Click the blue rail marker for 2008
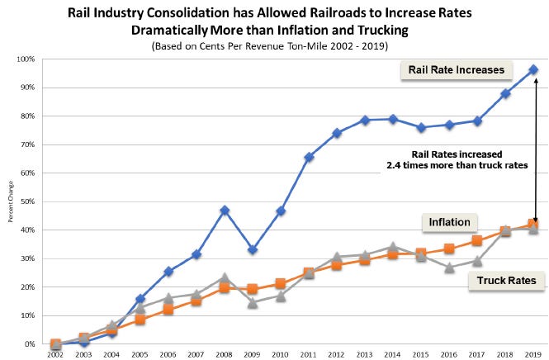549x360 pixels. pyautogui.click(x=225, y=211)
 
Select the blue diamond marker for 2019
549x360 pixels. pyautogui.click(x=533, y=69)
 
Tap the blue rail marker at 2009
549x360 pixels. pyautogui.click(x=253, y=249)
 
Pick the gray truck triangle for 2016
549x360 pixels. pyautogui.click(x=450, y=268)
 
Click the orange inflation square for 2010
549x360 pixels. pyautogui.click(x=281, y=283)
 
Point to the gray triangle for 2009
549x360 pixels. pyautogui.click(x=253, y=303)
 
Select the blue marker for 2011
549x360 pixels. pyautogui.click(x=309, y=157)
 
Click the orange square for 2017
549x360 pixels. pyautogui.click(x=477, y=240)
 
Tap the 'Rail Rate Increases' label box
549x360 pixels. pyautogui.click(x=457, y=70)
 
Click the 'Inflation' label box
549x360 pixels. pyautogui.click(x=450, y=222)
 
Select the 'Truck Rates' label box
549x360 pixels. pyautogui.click(x=506, y=281)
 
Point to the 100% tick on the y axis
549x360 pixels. pyautogui.click(x=26, y=59)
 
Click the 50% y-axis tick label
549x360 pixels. pyautogui.click(x=28, y=201)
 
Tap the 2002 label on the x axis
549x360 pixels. pyautogui.click(x=55, y=355)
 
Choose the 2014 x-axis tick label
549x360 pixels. pyautogui.click(x=392, y=355)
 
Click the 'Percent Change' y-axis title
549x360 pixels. pyautogui.click(x=11, y=201)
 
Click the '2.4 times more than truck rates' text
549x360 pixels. pyautogui.click(x=457, y=165)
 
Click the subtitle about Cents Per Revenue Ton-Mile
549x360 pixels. pyautogui.click(x=270, y=46)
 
